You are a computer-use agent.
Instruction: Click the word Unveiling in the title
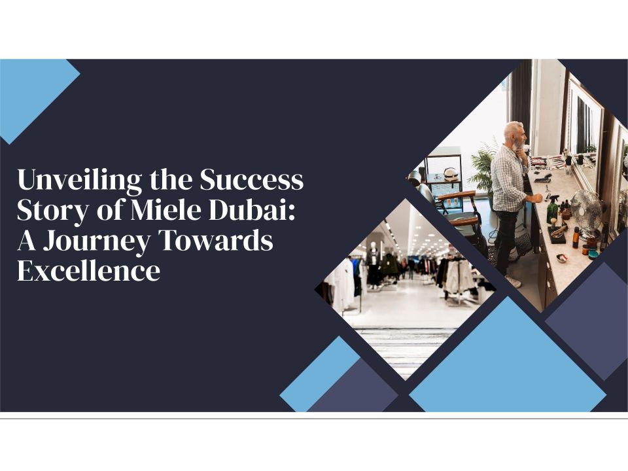tap(80, 181)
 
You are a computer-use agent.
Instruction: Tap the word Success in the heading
tap(251, 180)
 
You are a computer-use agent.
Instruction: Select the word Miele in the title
tap(165, 209)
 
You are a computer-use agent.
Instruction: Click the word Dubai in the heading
tap(251, 209)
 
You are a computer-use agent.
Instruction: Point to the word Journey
tap(96, 241)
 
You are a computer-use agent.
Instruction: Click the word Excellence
tap(88, 270)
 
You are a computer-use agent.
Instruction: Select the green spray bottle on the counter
tap(553, 208)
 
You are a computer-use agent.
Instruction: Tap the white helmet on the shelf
tap(451, 174)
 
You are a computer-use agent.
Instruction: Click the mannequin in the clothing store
tap(374, 264)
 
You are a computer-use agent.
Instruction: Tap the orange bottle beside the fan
tap(576, 237)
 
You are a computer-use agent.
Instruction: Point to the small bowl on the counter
tap(562, 258)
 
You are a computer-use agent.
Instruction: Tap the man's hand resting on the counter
tap(538, 198)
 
